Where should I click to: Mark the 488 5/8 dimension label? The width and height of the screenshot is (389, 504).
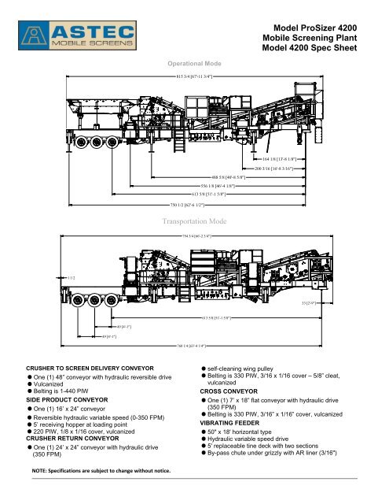pyautogui.click(x=216, y=177)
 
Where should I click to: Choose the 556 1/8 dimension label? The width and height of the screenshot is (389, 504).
pyautogui.click(x=207, y=185)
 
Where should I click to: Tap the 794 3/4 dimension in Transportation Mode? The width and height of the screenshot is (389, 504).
pyautogui.click(x=196, y=235)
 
